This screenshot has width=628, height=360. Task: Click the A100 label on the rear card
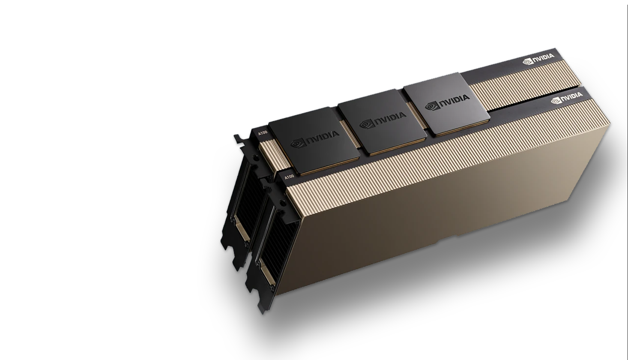click(x=263, y=133)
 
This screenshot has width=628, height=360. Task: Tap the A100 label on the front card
click(x=289, y=177)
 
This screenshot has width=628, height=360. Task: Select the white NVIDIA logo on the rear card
click(x=538, y=59)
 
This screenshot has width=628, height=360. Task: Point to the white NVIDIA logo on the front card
click(x=567, y=98)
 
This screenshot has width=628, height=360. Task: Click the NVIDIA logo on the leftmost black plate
click(x=314, y=139)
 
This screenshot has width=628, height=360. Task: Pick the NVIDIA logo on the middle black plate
click(x=383, y=120)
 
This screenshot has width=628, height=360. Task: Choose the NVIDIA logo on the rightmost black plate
click(x=447, y=102)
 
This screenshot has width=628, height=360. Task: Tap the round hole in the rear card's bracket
click(x=256, y=159)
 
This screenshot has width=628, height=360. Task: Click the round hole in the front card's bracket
click(x=283, y=203)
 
